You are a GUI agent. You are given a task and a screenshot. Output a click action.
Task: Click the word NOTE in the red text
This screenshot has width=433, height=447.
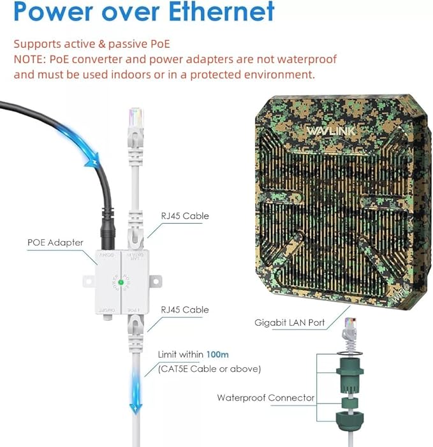pos(29,59)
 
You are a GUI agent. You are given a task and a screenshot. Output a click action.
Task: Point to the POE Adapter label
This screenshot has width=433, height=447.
pos(55,242)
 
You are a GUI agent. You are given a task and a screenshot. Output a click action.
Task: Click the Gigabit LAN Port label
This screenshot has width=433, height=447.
pos(289,323)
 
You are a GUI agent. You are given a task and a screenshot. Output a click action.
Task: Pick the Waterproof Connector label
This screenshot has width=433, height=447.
pos(265,398)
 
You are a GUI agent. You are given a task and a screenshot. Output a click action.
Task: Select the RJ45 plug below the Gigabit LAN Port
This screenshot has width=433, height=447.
pos(350,327)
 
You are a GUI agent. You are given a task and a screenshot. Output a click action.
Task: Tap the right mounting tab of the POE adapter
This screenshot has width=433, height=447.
pos(156,281)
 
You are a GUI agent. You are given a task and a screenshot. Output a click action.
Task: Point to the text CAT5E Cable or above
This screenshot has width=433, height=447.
pos(209,369)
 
